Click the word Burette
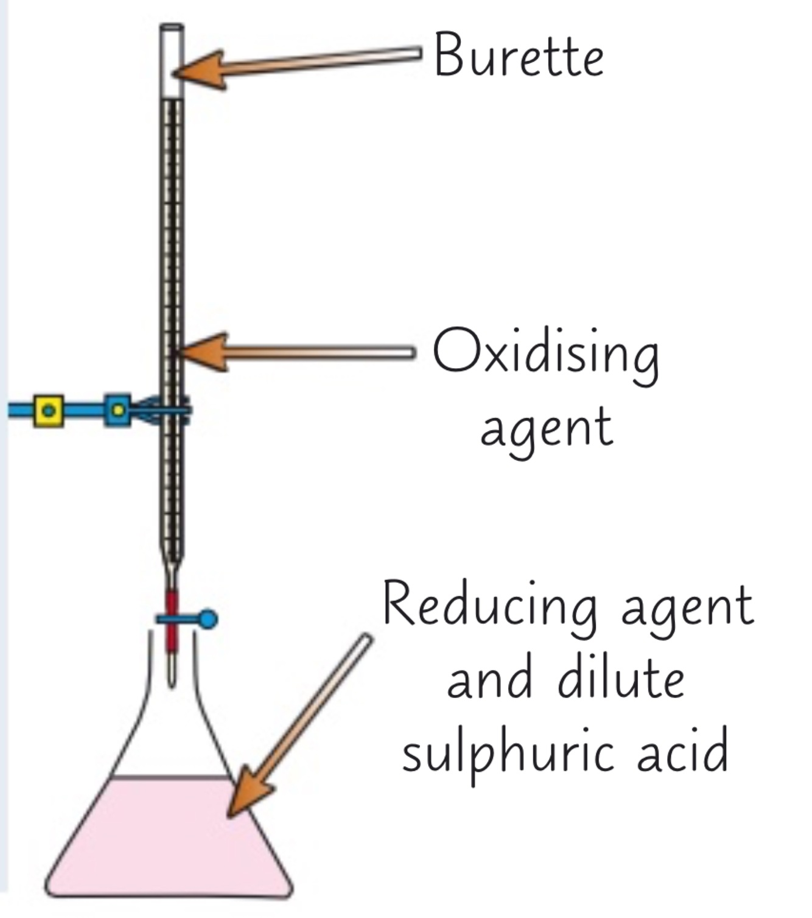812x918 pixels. (x=519, y=55)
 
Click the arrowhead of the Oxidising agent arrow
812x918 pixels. (x=205, y=352)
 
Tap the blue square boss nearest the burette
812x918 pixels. (x=117, y=410)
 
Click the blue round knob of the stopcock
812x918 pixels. (x=208, y=619)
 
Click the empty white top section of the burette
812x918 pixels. (x=172, y=61)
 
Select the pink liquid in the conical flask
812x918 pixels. (x=164, y=840)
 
